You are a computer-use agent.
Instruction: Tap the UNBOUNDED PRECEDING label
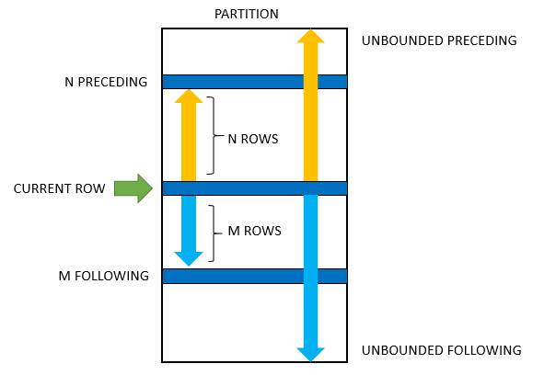pos(439,40)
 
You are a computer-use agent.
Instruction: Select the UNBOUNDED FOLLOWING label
pos(441,350)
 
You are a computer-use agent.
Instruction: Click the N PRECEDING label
pos(106,82)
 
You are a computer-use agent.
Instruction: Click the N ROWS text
pos(252,139)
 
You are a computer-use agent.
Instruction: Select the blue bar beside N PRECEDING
pos(254,82)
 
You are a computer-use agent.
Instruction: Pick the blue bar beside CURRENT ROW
pos(254,188)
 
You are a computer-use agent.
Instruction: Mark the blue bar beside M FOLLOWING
pos(254,276)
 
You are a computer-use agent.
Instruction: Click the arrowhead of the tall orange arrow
pos(310,36)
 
